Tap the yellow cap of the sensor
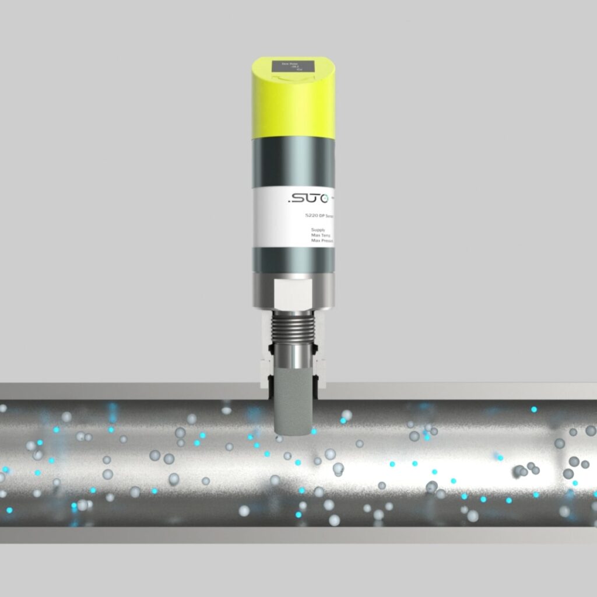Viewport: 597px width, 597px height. click(x=293, y=108)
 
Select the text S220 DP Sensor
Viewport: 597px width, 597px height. click(x=319, y=216)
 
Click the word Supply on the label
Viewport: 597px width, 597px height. click(x=319, y=230)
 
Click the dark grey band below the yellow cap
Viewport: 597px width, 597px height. click(x=293, y=163)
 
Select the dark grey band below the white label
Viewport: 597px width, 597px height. click(x=293, y=260)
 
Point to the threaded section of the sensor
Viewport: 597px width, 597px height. click(x=293, y=326)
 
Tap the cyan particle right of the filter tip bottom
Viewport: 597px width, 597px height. click(x=314, y=431)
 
